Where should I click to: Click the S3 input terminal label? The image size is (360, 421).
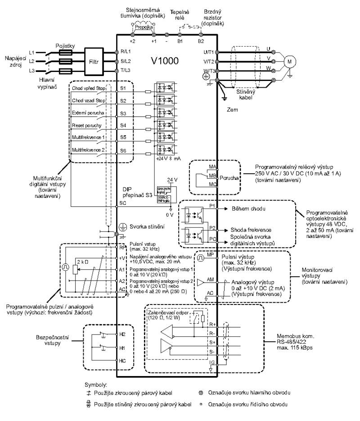[x=123, y=114]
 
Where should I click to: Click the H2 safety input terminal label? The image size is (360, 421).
[x=122, y=335]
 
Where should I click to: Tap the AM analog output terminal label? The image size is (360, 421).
[x=210, y=279]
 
